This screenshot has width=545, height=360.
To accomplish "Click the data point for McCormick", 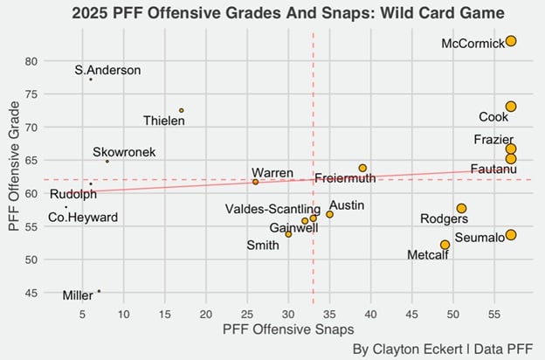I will point(511,41).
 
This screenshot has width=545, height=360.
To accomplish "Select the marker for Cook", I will point(511,107).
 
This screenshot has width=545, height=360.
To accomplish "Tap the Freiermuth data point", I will point(362,168).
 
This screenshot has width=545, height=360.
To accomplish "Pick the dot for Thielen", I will point(182,110).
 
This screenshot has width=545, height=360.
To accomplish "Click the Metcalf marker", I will point(445,245).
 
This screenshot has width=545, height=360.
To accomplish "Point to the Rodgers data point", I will point(461,208).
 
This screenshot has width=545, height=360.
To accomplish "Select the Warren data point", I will point(255,182).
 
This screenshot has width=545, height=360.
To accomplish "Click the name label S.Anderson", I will point(107,71).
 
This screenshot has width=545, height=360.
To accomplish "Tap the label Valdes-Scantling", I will point(272,209).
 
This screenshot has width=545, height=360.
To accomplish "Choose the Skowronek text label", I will point(124,152).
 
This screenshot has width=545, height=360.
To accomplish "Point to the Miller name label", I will point(78,295).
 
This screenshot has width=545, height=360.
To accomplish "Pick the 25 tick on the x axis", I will point(247,313).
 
